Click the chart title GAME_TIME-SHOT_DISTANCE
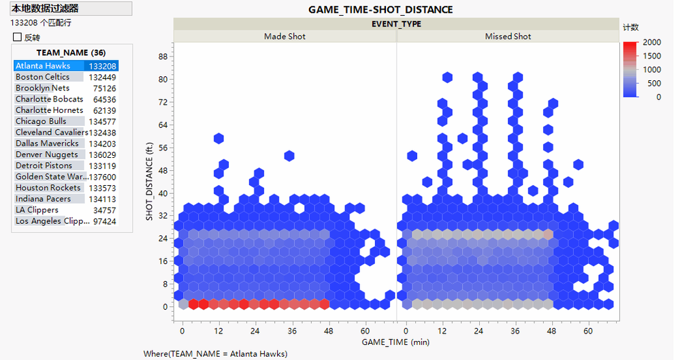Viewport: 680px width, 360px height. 380,10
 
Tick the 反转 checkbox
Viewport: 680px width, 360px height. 18,37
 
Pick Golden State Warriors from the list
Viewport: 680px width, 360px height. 48,176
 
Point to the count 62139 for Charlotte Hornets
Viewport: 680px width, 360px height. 104,110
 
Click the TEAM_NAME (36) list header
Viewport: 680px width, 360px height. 71,52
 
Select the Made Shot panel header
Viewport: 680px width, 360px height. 285,36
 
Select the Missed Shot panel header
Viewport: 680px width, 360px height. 508,36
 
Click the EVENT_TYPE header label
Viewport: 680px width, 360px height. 396,24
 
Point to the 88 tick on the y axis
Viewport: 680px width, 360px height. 163,56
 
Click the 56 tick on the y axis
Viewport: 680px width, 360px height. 163,148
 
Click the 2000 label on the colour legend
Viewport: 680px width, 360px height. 651,42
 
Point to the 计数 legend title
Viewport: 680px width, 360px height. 630,27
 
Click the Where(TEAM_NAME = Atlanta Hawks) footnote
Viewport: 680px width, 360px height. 215,354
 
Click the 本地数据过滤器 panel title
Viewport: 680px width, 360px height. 44,8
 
